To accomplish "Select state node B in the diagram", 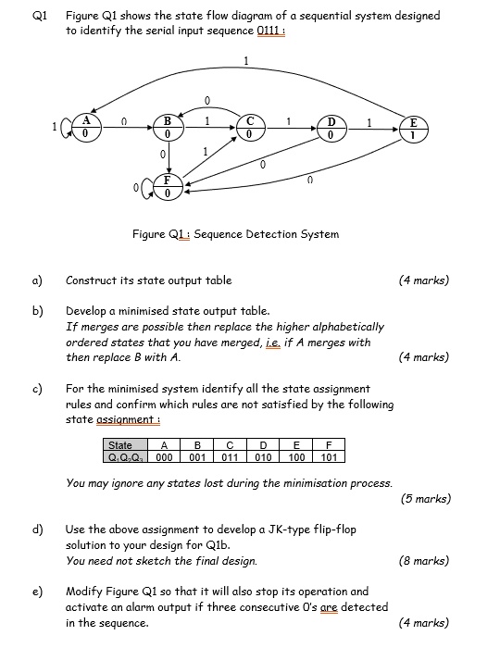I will (x=168, y=127).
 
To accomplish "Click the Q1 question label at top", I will (x=37, y=16).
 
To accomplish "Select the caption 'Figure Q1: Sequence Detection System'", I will (x=235, y=233).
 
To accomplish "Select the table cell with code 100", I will (x=297, y=456).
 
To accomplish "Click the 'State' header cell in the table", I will (x=121, y=445).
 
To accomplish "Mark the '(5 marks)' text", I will (x=425, y=498).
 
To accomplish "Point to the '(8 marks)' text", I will (x=425, y=560).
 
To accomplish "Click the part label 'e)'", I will (x=38, y=591).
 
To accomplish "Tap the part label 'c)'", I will (x=38, y=389).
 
